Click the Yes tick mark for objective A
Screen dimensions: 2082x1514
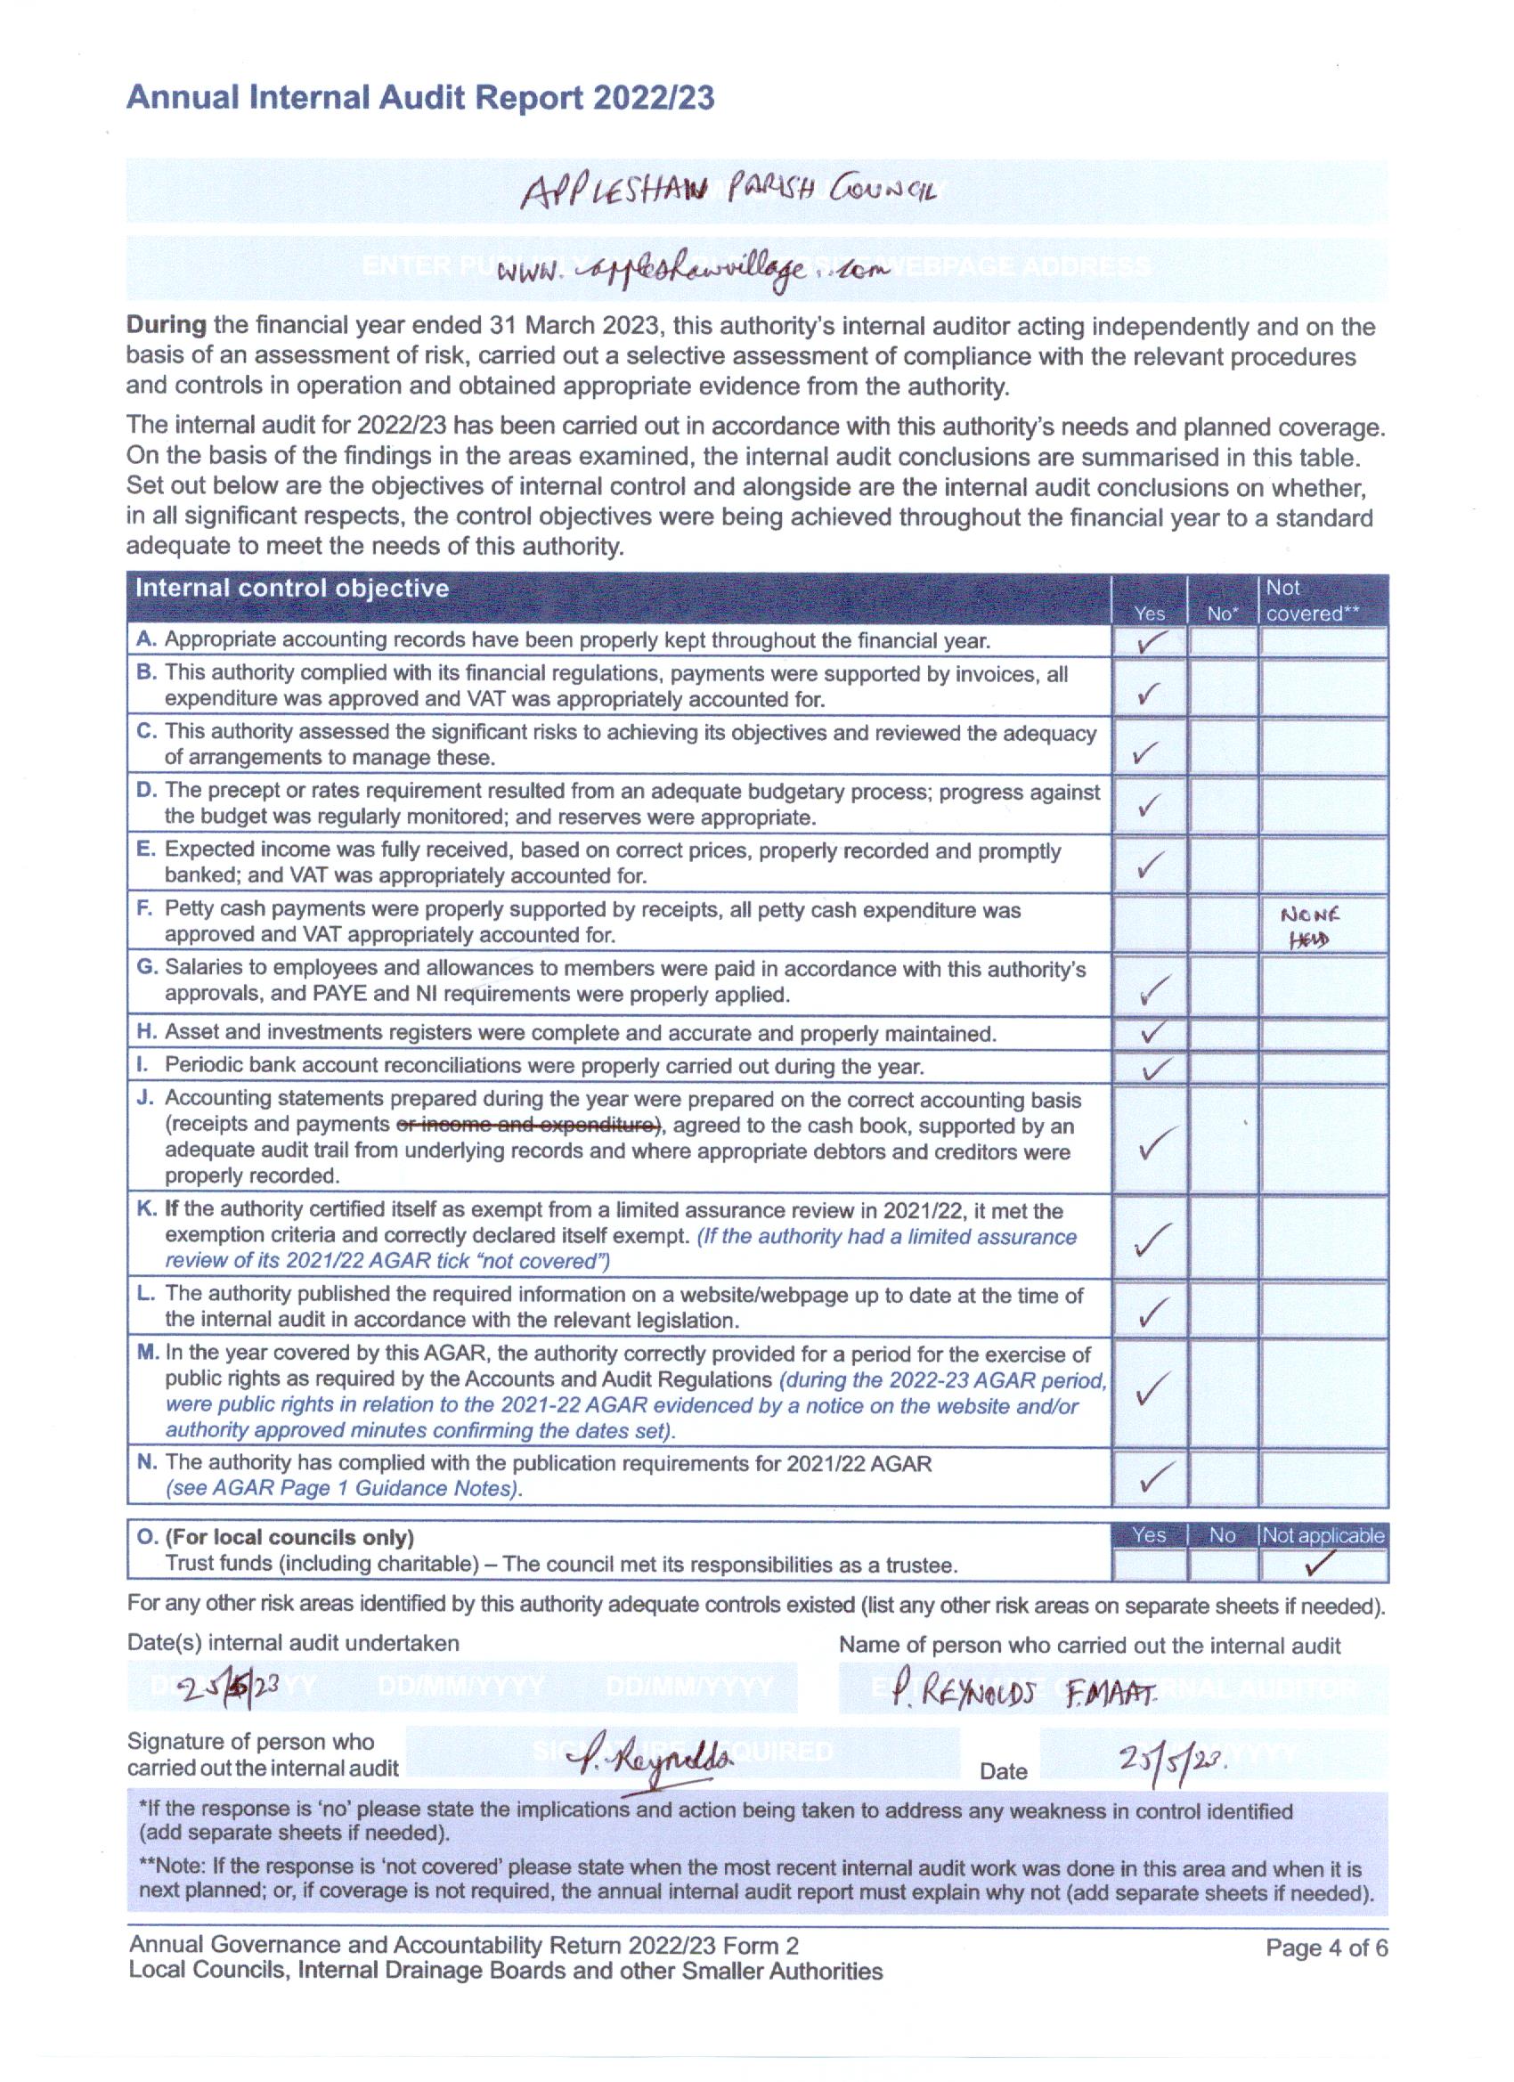(1149, 643)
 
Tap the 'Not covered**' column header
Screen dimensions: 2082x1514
(1312, 600)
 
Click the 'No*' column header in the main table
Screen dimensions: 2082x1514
(1220, 614)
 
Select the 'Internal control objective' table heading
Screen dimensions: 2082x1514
(292, 589)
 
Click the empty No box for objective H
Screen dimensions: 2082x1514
(1221, 1034)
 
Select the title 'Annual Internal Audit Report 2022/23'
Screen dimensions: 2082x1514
(419, 98)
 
